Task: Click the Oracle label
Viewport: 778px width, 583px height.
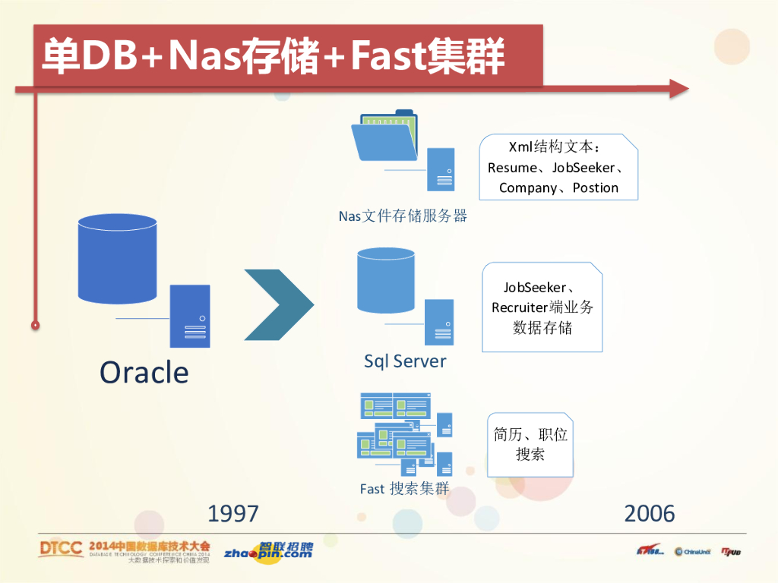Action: coord(144,372)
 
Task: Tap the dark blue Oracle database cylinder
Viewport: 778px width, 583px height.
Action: coord(117,259)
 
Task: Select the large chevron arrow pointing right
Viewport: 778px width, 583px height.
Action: coord(279,304)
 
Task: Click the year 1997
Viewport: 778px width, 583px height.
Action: coord(233,514)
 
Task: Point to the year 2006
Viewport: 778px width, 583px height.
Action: coord(650,514)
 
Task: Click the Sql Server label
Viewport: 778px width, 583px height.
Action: coord(405,361)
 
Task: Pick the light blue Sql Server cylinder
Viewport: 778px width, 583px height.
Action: coord(386,280)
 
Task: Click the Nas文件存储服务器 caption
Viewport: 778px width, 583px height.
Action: coord(403,216)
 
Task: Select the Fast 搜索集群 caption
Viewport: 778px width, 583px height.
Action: coord(405,489)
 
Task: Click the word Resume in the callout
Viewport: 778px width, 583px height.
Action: coord(511,168)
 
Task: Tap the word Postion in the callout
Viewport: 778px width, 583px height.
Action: coord(596,188)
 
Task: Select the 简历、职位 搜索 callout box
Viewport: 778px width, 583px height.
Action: coord(530,445)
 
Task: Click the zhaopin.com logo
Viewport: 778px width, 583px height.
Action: coord(268,552)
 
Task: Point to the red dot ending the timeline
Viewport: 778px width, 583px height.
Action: coord(35,325)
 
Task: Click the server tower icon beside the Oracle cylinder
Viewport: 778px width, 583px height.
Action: coord(190,316)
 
